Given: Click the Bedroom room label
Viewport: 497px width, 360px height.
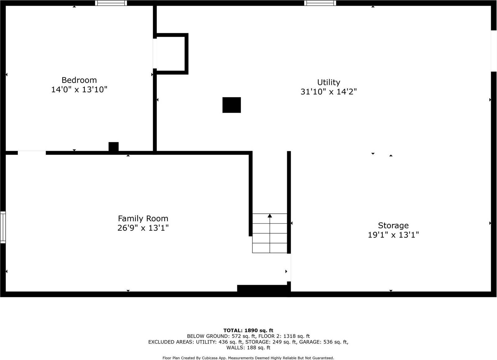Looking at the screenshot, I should tap(79, 80).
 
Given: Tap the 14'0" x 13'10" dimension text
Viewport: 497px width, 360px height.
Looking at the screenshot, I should tap(79, 90).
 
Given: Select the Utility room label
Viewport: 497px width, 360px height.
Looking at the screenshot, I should tap(328, 82).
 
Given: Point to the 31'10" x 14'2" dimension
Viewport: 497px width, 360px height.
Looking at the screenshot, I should tap(328, 92).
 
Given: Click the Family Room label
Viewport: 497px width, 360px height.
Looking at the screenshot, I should tap(143, 218).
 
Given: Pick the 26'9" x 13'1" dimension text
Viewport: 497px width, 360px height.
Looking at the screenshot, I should tap(143, 228).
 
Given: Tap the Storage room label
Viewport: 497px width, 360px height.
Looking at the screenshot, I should tap(393, 225).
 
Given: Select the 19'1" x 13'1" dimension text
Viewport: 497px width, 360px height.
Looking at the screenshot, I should tap(393, 235).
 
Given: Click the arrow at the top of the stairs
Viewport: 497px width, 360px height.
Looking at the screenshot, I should tap(270, 215).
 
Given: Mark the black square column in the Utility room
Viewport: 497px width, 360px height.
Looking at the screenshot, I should tap(231, 105).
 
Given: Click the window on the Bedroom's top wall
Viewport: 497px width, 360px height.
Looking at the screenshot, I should tap(111, 3).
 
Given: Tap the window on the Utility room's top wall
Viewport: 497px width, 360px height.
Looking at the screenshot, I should tap(320, 3).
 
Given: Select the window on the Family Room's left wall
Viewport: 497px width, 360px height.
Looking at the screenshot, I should tap(3, 227).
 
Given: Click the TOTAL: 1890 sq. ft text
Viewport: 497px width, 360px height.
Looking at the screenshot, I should tap(248, 331).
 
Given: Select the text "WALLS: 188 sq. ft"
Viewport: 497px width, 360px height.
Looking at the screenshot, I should tap(248, 348).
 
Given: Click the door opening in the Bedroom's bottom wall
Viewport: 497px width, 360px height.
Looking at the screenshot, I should tap(32, 153).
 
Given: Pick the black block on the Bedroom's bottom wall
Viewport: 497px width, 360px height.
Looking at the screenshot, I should tap(113, 147).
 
